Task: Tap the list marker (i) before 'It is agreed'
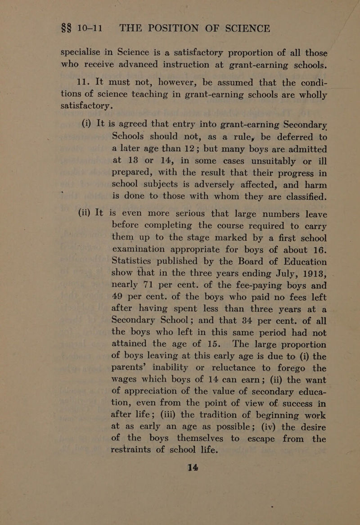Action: (77, 119)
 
